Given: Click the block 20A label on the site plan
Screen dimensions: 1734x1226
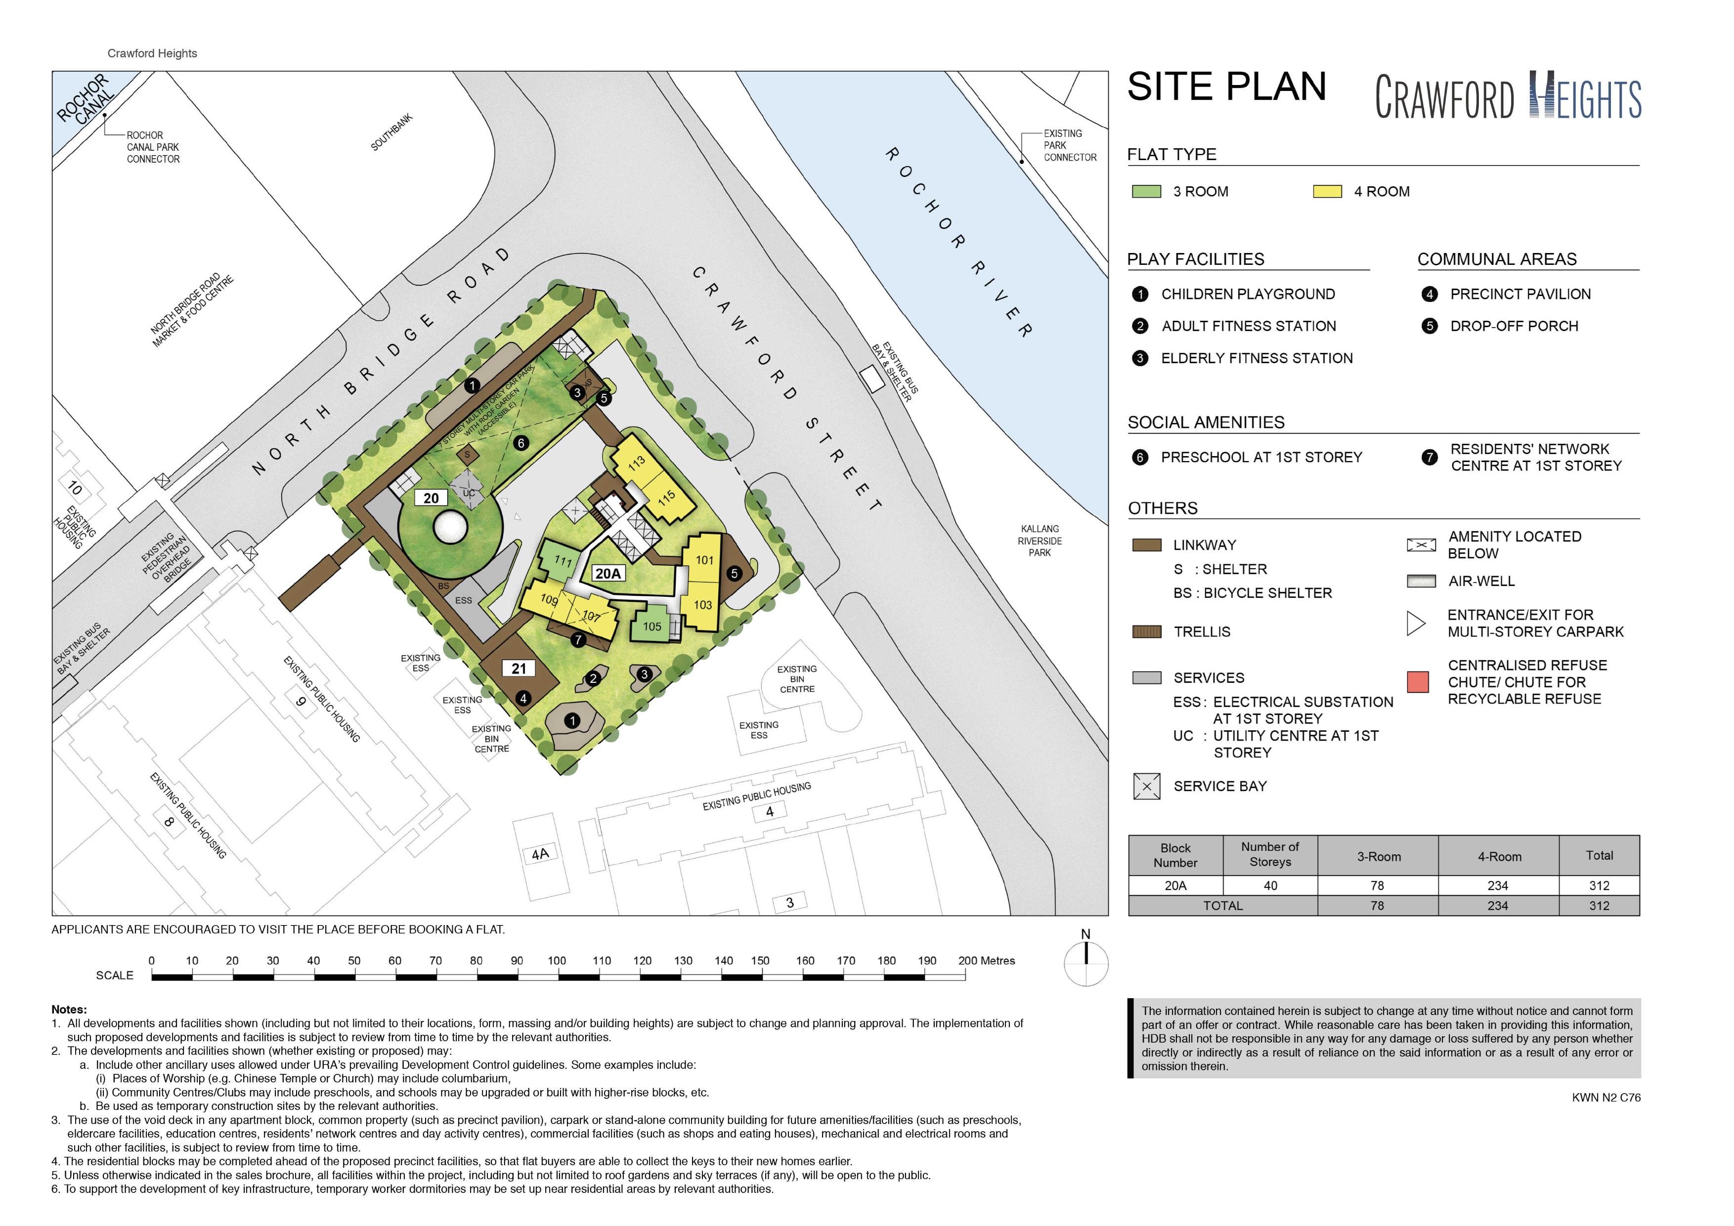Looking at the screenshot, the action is click(x=608, y=574).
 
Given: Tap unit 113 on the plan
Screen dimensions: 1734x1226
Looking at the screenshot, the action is click(x=637, y=461).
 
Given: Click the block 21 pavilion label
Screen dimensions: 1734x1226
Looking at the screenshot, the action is click(x=519, y=668).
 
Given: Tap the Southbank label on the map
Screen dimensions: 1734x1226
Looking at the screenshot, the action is click(x=391, y=132).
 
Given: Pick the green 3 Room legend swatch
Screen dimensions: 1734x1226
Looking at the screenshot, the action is click(x=1146, y=192).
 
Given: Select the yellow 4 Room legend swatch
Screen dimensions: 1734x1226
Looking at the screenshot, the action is click(x=1327, y=192).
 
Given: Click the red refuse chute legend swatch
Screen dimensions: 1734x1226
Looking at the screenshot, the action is click(x=1418, y=682).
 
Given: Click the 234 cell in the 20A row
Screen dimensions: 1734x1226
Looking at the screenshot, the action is click(x=1498, y=886).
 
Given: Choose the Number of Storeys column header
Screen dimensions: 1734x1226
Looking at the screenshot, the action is click(x=1270, y=854).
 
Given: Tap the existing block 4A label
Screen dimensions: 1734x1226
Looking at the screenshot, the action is click(x=540, y=854).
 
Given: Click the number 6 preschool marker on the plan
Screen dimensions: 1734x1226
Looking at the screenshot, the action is click(x=520, y=443).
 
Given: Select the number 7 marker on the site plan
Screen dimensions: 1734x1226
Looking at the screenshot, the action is click(x=578, y=640).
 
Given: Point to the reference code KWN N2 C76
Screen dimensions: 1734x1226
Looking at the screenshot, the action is click(x=1606, y=1098).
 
